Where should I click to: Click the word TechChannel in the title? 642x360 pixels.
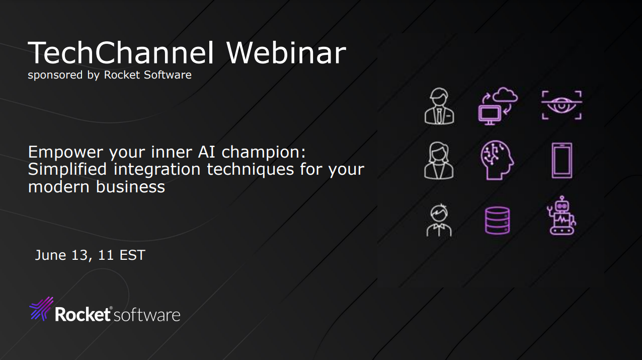121,53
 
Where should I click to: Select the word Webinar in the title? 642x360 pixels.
286,52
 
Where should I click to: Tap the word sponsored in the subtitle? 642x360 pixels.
55,75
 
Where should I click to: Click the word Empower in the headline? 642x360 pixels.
65,153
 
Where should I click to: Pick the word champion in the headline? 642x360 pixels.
264,153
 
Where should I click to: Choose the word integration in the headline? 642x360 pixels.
157,169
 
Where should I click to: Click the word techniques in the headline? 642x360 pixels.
250,169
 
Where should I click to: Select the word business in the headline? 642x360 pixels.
130,187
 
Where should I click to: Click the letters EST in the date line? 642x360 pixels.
132,255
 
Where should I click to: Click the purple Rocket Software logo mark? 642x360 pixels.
42,309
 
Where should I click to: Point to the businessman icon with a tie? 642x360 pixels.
439,106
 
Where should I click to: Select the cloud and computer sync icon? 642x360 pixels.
498,106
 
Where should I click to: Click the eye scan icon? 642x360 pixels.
561,105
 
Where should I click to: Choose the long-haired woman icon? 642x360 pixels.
439,160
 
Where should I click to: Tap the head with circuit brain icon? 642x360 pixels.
497,160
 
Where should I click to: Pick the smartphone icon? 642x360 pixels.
561,160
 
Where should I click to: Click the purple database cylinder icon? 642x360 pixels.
497,221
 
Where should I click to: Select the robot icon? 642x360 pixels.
561,215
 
